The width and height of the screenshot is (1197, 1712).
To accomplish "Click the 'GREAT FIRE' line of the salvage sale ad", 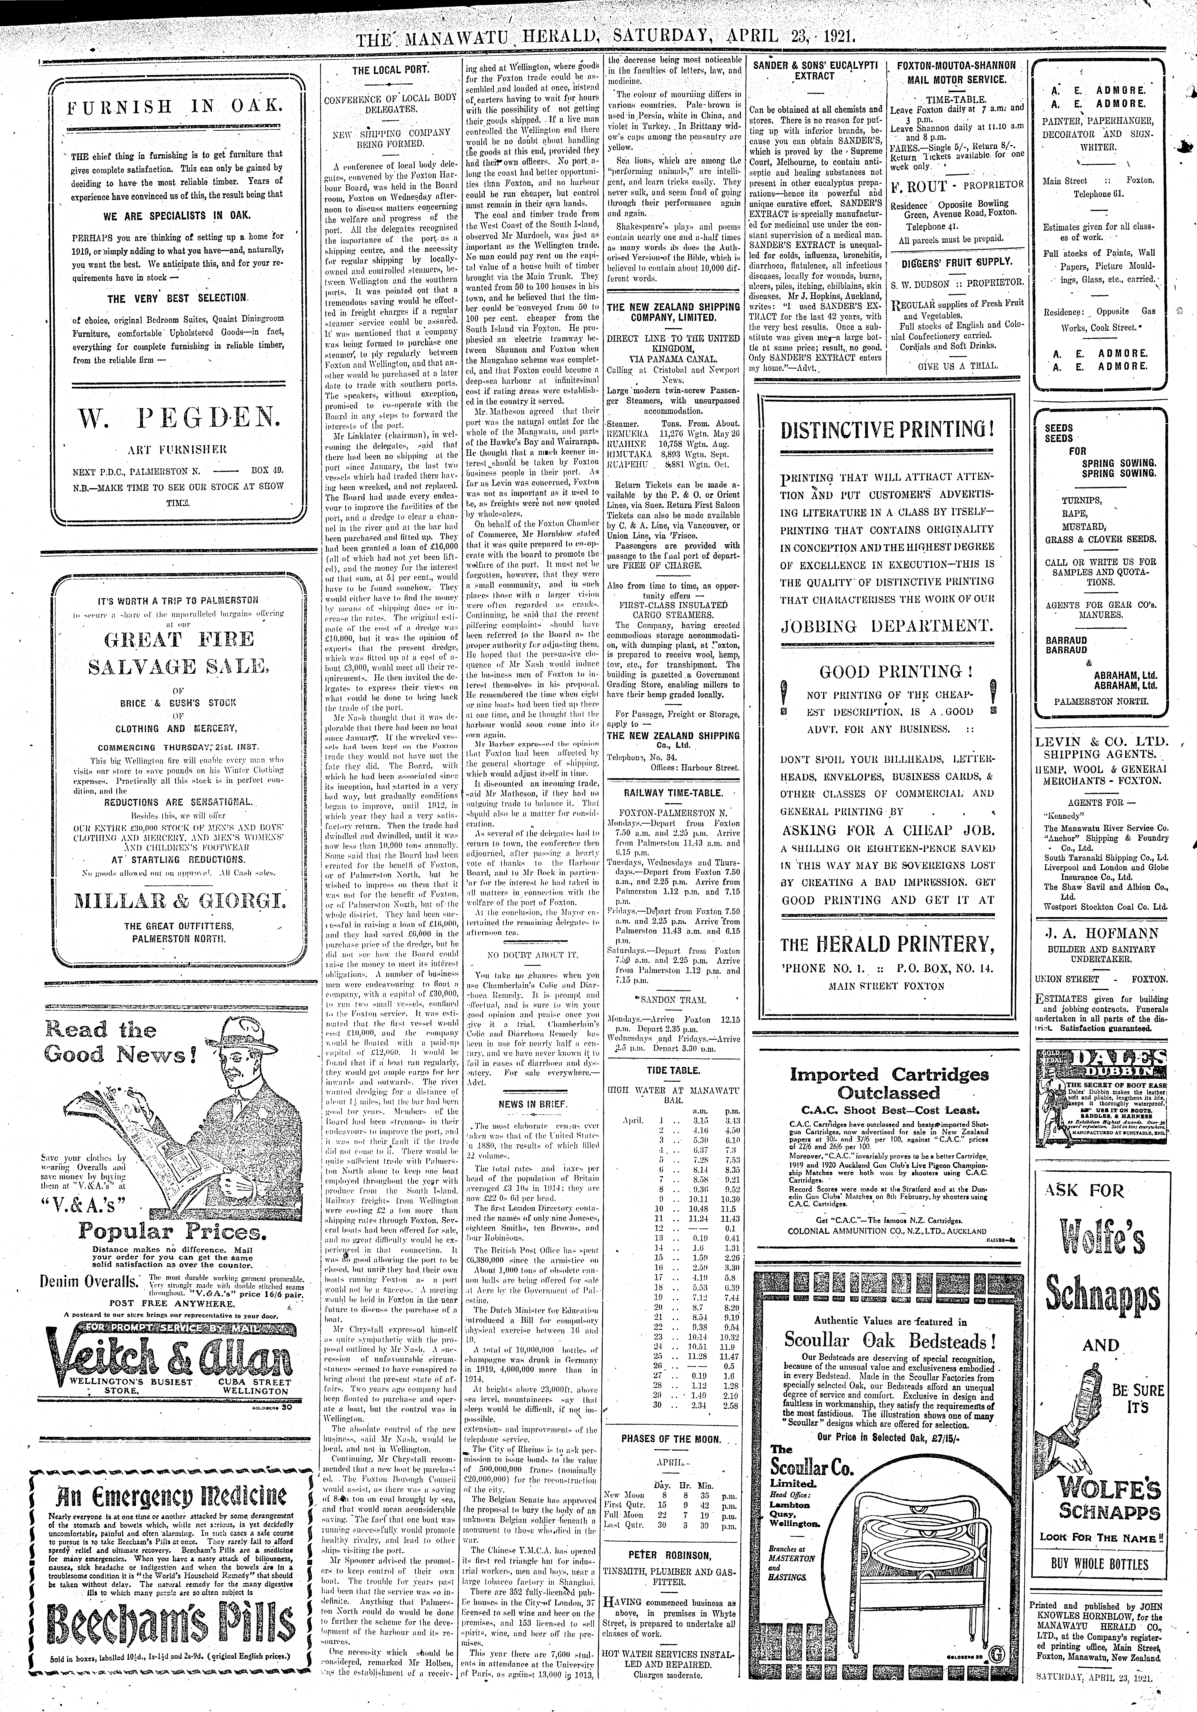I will click(169, 639).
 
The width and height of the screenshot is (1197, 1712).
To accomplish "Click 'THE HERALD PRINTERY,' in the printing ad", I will click(887, 945).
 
